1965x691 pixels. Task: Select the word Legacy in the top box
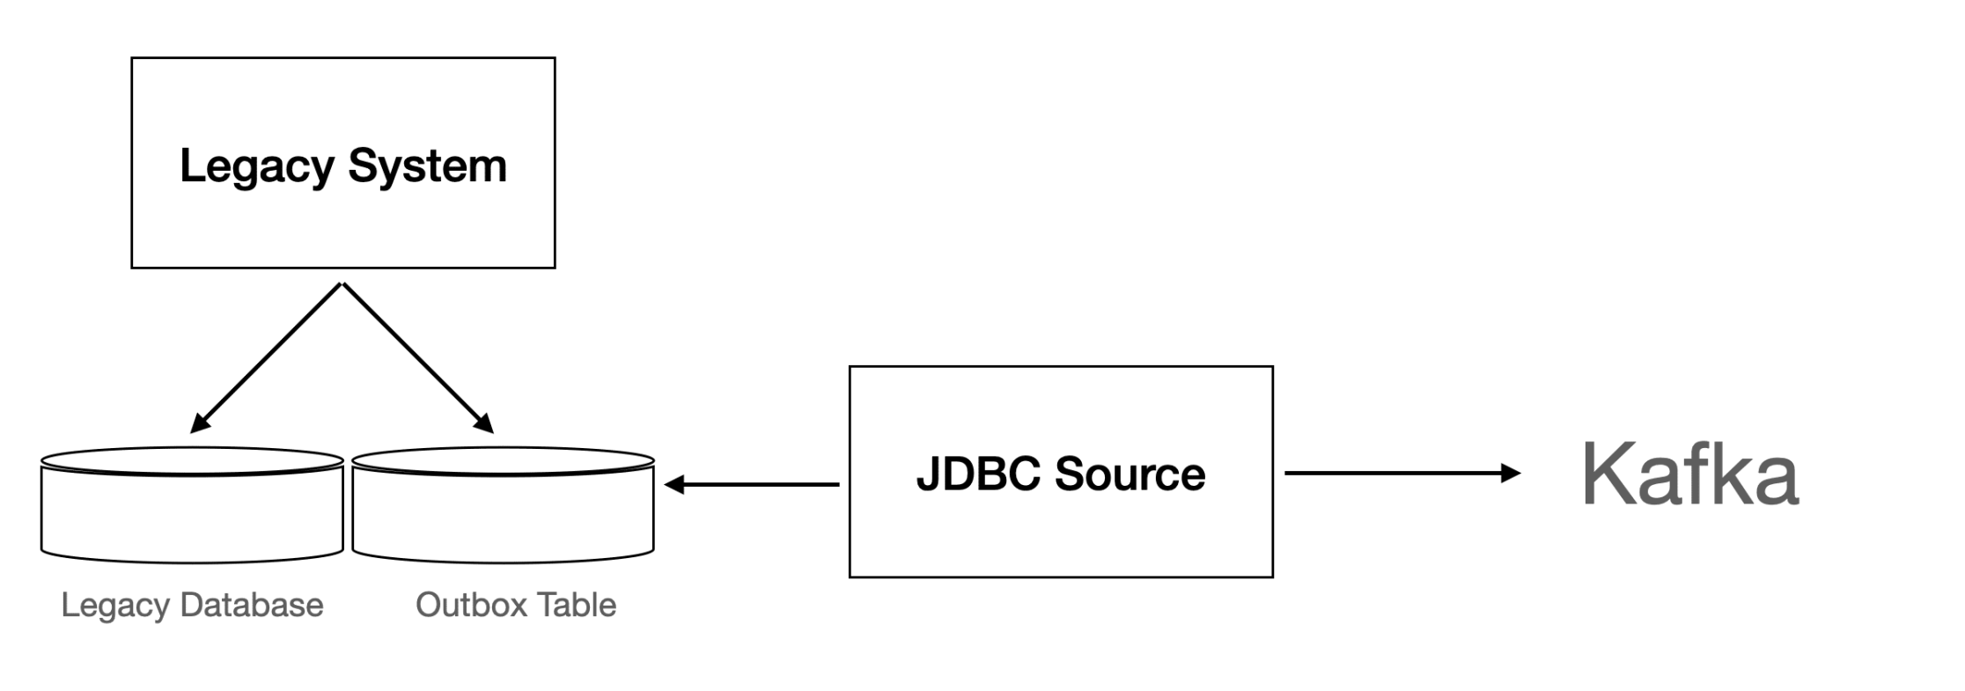[x=257, y=166]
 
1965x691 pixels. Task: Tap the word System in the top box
[x=427, y=166]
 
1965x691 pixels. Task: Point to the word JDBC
[x=977, y=474]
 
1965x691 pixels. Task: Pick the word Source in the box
[x=1130, y=474]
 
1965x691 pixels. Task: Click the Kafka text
[x=1689, y=474]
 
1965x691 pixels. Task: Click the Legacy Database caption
[x=192, y=606]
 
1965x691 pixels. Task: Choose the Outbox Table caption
[x=515, y=606]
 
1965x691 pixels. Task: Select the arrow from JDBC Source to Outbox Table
[x=757, y=484]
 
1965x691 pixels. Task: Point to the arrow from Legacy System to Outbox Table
[x=417, y=357]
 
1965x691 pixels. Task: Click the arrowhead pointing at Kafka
[x=1510, y=474]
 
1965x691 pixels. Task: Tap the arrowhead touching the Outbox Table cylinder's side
[x=674, y=484]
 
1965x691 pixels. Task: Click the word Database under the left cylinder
[x=251, y=606]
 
